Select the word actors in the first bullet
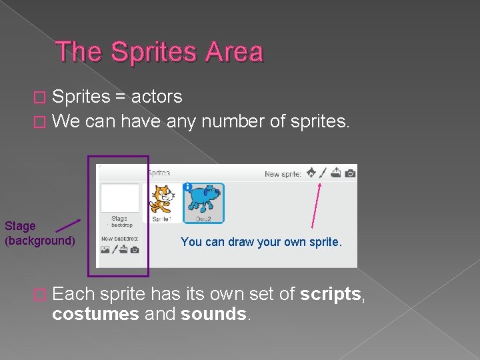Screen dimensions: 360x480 click(x=157, y=97)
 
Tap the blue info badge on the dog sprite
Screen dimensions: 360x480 click(x=188, y=187)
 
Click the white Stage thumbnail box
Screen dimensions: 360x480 click(x=119, y=198)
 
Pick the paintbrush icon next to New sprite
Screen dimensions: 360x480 click(x=323, y=173)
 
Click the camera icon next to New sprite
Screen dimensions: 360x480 click(x=350, y=173)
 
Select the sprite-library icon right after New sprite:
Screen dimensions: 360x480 click(x=310, y=173)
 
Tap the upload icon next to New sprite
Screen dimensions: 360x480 click(x=336, y=173)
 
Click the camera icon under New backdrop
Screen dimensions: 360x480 click(x=135, y=250)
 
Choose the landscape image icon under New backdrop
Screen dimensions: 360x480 click(x=105, y=250)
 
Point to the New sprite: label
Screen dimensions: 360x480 click(x=283, y=174)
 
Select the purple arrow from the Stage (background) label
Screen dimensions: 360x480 click(x=68, y=226)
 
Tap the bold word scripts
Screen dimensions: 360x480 click(x=330, y=295)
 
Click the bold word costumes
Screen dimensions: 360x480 click(x=95, y=314)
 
